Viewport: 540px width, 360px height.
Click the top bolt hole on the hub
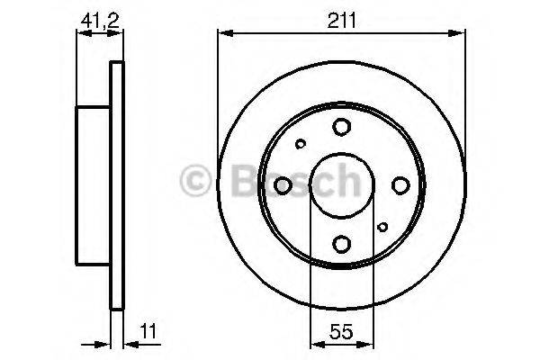[342, 128]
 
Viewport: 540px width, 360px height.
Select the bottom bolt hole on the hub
[342, 242]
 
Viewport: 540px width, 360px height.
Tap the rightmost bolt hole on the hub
[400, 185]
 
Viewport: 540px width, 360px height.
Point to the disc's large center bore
[342, 185]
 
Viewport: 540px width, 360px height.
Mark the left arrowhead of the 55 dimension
[314, 342]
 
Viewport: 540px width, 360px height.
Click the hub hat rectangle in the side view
[94, 184]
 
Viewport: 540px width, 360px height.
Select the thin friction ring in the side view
[115, 184]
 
